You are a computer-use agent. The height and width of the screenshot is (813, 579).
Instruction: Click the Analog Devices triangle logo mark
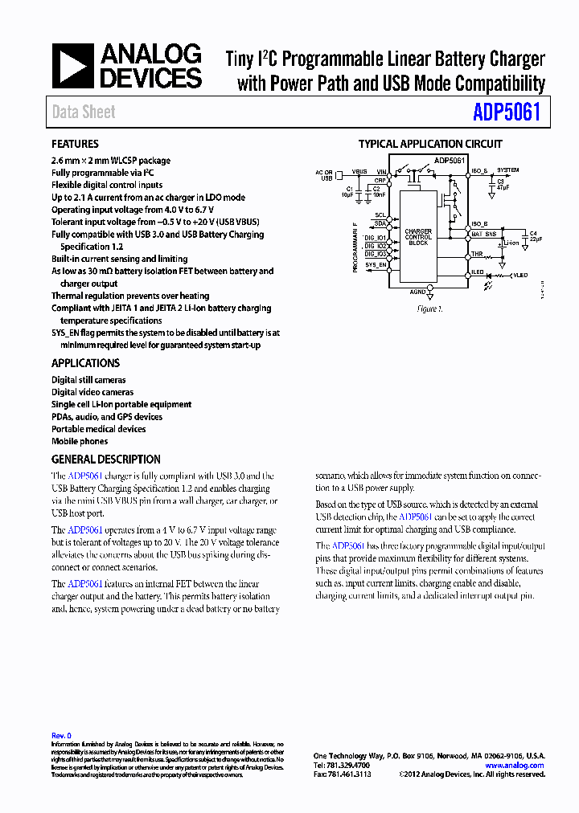coord(73,66)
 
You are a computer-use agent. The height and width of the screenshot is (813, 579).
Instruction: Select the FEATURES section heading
coord(75,145)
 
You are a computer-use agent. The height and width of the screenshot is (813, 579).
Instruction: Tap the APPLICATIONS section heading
coord(85,363)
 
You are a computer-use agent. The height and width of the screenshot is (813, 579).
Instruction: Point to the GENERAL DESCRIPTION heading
coord(105,460)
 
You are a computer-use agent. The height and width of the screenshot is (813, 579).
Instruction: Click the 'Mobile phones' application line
coord(80,441)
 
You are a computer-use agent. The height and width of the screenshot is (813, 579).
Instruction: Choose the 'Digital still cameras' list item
coord(88,380)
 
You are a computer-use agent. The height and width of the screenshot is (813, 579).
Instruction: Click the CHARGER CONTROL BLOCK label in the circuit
coord(418,236)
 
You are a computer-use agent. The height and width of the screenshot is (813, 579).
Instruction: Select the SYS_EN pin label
coord(376,264)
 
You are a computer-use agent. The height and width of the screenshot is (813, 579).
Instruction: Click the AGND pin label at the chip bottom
coord(418,292)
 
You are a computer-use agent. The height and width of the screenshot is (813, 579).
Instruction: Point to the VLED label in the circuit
coord(521,275)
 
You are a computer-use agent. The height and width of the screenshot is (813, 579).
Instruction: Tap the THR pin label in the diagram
coord(477,254)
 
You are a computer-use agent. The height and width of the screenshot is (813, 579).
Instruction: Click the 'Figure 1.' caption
coord(429,308)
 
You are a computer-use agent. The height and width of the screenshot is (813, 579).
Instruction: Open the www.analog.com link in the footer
coord(515,766)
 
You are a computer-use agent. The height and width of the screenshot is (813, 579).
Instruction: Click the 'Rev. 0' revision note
coord(61,735)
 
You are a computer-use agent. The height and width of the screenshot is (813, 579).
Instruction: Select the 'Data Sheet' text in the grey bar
coord(84,112)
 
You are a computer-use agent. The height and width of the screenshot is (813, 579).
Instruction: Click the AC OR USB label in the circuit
coord(323,174)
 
